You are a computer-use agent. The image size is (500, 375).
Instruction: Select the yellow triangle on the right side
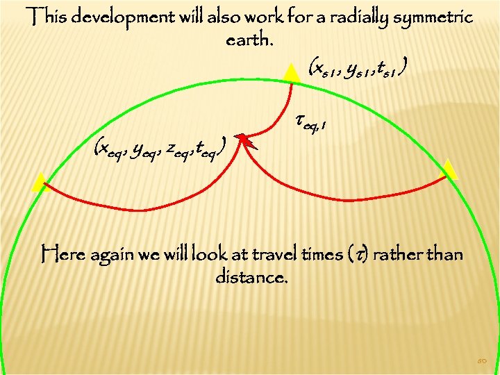point(449,169)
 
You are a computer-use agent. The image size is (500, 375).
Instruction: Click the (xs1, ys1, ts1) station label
point(358,68)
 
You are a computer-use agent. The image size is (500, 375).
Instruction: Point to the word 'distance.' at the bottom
point(251,278)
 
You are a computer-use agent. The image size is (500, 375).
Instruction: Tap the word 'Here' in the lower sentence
point(60,255)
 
